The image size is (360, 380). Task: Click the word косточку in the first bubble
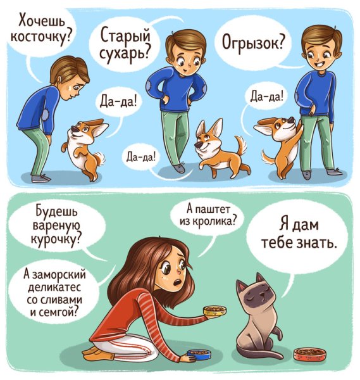pos(39,37)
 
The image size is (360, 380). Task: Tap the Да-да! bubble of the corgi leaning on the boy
pos(267,96)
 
